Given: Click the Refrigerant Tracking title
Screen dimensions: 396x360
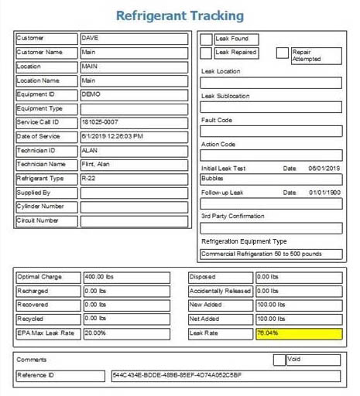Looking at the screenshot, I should coord(180,15).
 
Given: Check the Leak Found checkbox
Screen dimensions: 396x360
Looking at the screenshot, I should coord(206,39).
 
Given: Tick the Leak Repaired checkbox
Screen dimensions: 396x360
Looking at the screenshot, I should coord(206,53).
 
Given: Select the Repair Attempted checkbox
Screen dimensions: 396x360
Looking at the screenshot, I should coord(283,53).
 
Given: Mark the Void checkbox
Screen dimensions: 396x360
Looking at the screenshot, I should coord(279,360).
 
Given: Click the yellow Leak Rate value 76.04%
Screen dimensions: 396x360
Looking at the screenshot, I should coord(298,333).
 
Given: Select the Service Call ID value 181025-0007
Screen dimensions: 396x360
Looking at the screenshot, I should coord(133,122).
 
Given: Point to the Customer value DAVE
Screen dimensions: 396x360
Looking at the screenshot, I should coord(133,38).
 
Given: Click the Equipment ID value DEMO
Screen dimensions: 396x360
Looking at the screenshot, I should coord(133,94).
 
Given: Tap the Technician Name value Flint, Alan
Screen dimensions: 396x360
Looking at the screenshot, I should coord(133,165).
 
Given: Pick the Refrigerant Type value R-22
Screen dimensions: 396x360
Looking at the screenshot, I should coord(133,179).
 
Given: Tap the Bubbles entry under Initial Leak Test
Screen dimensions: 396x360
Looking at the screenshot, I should coord(271,179).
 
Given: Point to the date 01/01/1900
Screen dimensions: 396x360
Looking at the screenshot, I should coord(324,192).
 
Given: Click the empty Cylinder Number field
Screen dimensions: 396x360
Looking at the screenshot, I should coord(133,207).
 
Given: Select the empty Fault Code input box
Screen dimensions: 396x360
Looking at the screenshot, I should coord(271,131).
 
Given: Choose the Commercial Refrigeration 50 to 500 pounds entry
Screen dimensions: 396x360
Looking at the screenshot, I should coord(271,254).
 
